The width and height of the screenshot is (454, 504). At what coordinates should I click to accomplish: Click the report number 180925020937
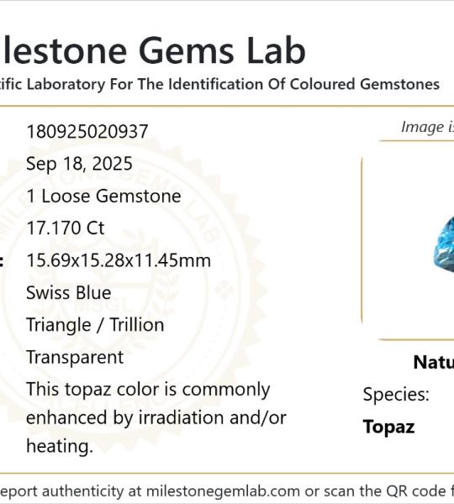pyautogui.click(x=87, y=132)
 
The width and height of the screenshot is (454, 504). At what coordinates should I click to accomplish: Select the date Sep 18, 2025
pyautogui.click(x=79, y=164)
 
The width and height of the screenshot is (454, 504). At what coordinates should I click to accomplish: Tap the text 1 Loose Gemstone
pyautogui.click(x=103, y=197)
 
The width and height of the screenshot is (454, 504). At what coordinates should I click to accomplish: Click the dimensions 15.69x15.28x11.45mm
pyautogui.click(x=119, y=260)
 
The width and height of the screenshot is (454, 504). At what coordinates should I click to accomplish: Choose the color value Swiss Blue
pyautogui.click(x=68, y=293)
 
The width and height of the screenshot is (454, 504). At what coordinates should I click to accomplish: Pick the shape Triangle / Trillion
pyautogui.click(x=95, y=325)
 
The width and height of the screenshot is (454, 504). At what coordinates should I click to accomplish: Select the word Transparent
pyautogui.click(x=75, y=357)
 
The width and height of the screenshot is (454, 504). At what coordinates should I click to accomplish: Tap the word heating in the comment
pyautogui.click(x=58, y=446)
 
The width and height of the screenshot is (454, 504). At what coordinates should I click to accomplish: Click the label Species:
pyautogui.click(x=396, y=395)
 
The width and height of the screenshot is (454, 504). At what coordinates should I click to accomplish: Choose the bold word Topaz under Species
pyautogui.click(x=388, y=427)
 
